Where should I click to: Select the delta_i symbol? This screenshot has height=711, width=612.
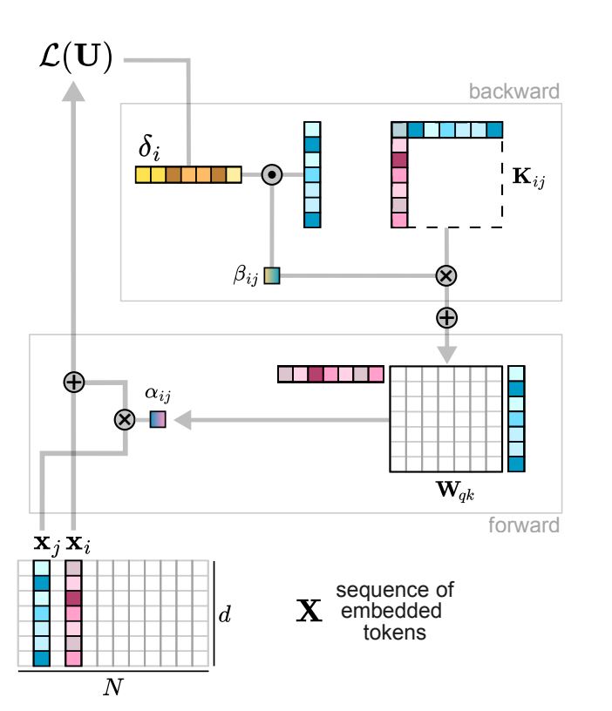coord(151,151)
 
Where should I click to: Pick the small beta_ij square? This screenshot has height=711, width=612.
coord(272,276)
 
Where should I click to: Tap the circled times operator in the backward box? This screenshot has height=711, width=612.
coord(445,276)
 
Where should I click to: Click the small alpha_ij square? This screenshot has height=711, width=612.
coord(157,420)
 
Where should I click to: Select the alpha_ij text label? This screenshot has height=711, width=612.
coord(158,395)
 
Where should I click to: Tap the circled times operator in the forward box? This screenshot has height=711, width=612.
coord(125,420)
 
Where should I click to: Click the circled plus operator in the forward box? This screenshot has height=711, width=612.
coord(74,382)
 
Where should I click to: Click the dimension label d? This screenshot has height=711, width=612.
coord(224,613)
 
